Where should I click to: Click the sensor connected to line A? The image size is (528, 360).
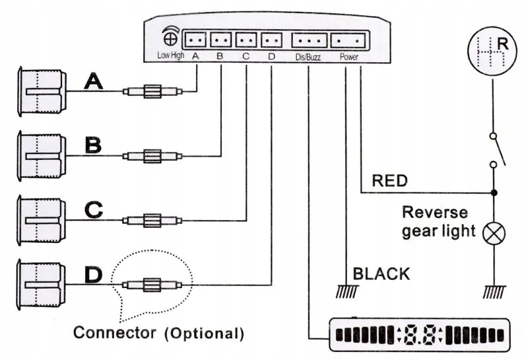[x=42, y=92]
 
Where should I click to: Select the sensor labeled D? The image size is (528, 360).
[x=41, y=285]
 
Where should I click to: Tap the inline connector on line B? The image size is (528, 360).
[x=152, y=156]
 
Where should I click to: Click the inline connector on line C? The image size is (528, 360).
[x=152, y=221]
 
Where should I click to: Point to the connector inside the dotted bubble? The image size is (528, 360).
[x=152, y=285]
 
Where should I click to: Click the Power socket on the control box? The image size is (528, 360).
[x=348, y=40]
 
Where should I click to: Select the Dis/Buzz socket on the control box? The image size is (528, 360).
[x=309, y=40]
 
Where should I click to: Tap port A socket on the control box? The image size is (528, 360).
[x=195, y=40]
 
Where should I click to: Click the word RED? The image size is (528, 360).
[x=389, y=181]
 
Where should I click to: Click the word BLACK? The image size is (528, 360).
[x=381, y=273]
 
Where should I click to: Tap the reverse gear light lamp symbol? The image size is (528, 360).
[x=494, y=233]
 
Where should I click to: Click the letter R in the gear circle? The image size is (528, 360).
[x=502, y=44]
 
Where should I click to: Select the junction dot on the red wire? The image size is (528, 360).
[x=494, y=193]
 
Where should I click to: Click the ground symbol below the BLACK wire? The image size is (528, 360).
[x=347, y=291]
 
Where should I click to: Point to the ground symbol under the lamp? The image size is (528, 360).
[x=494, y=292]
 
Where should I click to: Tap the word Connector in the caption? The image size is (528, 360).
[x=114, y=332]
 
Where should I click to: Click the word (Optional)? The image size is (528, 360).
[x=204, y=334]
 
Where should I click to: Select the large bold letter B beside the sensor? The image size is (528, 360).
[x=93, y=145]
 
